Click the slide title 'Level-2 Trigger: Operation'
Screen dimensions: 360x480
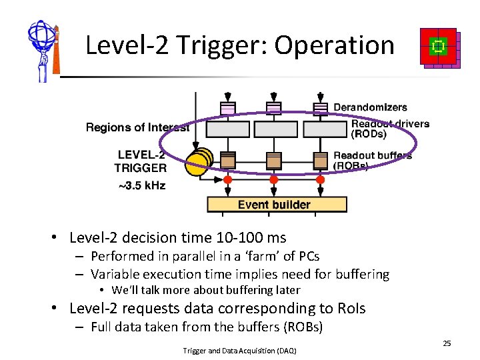tap(240, 45)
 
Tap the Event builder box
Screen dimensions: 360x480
tap(273, 204)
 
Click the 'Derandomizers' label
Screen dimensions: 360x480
tap(370, 107)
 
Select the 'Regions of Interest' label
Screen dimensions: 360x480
tap(137, 127)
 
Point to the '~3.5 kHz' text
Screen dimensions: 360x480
tap(141, 185)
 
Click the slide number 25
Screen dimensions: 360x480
tap(447, 343)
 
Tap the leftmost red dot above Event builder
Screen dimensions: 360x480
tap(227, 180)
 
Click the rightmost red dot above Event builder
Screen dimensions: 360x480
tap(320, 180)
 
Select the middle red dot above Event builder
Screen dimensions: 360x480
tap(273, 180)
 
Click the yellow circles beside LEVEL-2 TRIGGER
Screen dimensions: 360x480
tap(198, 163)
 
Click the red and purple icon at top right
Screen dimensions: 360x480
tap(439, 48)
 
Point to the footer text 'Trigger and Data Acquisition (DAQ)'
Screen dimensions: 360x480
tap(239, 351)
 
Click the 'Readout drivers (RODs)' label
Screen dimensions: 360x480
tap(390, 128)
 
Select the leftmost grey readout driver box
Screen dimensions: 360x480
tap(227, 129)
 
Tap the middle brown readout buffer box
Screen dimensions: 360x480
tap(274, 160)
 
